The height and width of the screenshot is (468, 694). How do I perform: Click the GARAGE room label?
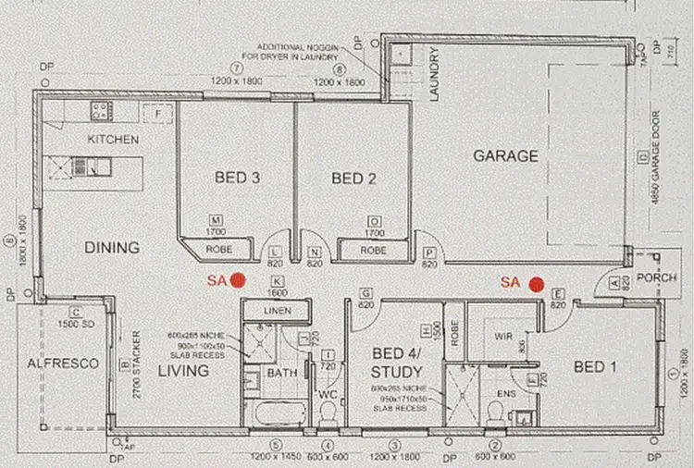(x=505, y=156)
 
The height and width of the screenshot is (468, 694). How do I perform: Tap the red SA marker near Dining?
(x=237, y=278)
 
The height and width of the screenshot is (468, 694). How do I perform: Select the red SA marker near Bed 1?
(x=535, y=283)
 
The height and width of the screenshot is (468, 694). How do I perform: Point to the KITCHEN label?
(x=113, y=140)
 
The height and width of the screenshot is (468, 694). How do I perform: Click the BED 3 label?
(x=237, y=178)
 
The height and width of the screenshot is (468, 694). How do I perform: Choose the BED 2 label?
(x=353, y=178)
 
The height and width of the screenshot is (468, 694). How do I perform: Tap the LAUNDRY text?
(x=433, y=74)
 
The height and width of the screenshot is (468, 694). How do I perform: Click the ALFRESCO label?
(x=62, y=364)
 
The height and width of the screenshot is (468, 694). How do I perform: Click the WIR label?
(x=503, y=334)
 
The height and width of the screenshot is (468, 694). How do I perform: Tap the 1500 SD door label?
(x=76, y=325)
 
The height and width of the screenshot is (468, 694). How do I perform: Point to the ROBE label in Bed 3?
(x=218, y=250)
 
